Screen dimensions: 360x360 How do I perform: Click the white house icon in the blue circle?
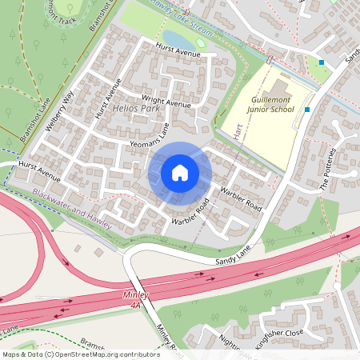pos(180,173)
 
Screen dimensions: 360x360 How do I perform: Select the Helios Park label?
pos(136,108)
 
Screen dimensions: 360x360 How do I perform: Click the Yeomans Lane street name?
pos(148,135)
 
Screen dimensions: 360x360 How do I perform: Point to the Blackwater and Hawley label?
pos(70,204)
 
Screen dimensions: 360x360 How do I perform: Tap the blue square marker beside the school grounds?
pos(306,109)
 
